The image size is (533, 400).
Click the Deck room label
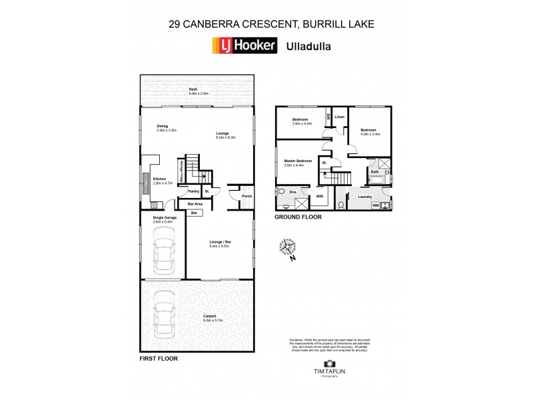click(193, 89)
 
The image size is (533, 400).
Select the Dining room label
click(163, 127)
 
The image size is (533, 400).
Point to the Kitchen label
click(159, 179)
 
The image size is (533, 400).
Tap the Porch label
click(246, 196)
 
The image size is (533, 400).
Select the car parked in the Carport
click(162, 315)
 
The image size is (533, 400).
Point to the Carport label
click(211, 316)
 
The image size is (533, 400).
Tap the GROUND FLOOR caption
click(298, 217)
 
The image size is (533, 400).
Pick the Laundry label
click(364, 197)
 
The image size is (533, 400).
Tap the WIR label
click(319, 197)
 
